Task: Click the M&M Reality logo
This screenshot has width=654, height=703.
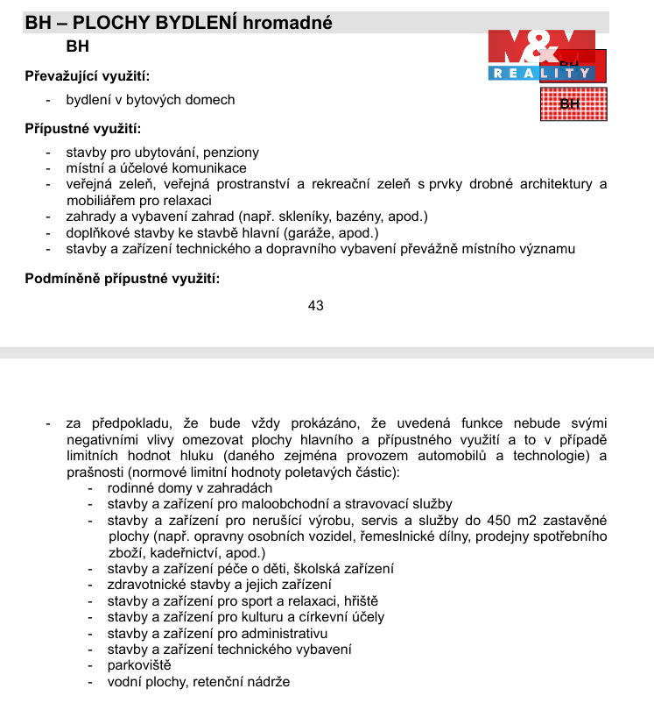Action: point(541,54)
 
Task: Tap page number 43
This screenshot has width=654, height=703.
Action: point(316,305)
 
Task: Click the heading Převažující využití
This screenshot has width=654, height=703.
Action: point(87,77)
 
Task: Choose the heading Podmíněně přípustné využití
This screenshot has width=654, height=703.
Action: point(122,279)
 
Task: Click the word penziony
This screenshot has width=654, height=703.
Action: point(231,153)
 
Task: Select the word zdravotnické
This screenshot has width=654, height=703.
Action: point(147,585)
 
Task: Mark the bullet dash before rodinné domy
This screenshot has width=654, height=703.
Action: point(90,488)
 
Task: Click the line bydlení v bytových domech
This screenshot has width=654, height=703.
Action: point(151,100)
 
